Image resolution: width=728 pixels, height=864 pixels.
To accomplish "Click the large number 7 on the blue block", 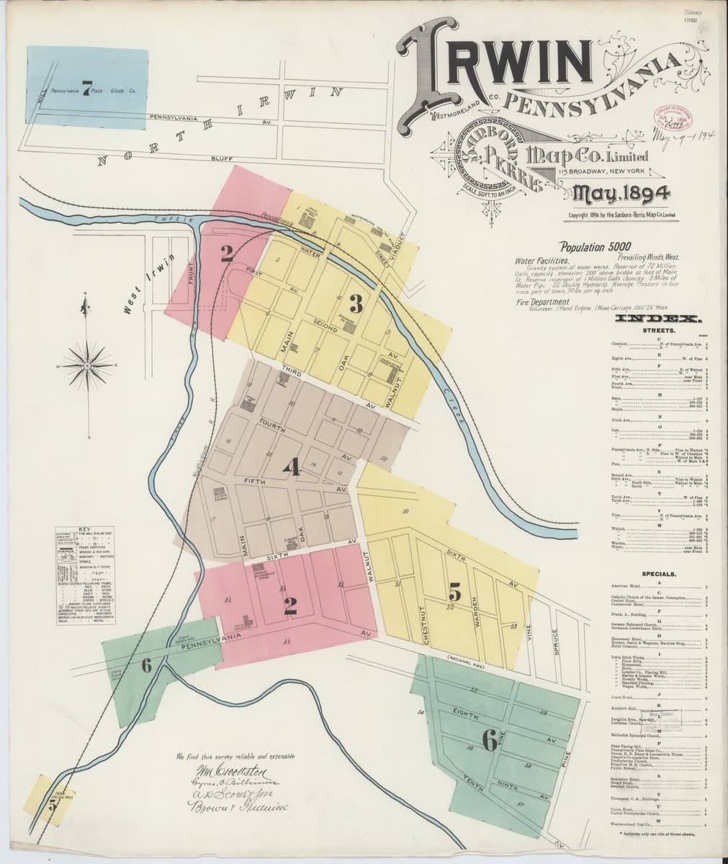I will pos(86,89).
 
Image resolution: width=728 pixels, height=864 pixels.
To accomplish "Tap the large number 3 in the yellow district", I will pos(355,303).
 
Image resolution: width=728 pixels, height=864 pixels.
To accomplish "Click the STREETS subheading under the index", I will pos(657,330).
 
